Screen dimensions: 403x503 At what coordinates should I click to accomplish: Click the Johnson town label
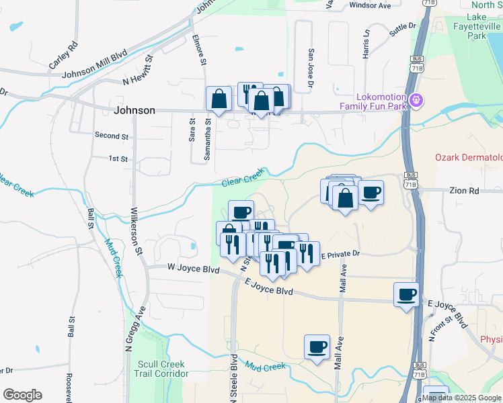click(x=135, y=110)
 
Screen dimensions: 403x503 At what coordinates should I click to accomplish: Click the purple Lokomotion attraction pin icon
click(x=417, y=100)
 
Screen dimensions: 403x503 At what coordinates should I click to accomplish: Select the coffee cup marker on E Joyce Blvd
click(x=406, y=295)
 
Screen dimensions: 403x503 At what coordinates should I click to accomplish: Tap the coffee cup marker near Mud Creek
click(x=317, y=347)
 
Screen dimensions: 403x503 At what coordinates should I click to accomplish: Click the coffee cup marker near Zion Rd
click(x=371, y=193)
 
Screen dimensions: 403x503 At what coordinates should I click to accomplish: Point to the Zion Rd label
click(x=464, y=191)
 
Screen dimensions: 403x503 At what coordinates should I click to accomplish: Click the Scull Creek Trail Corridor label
click(x=161, y=369)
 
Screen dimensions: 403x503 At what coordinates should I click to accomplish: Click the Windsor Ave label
click(x=370, y=5)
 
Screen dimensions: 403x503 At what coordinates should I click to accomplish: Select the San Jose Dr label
click(x=311, y=67)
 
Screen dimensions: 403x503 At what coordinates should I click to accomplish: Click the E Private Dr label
click(x=341, y=255)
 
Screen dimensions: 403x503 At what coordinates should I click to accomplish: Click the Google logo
click(x=22, y=395)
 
